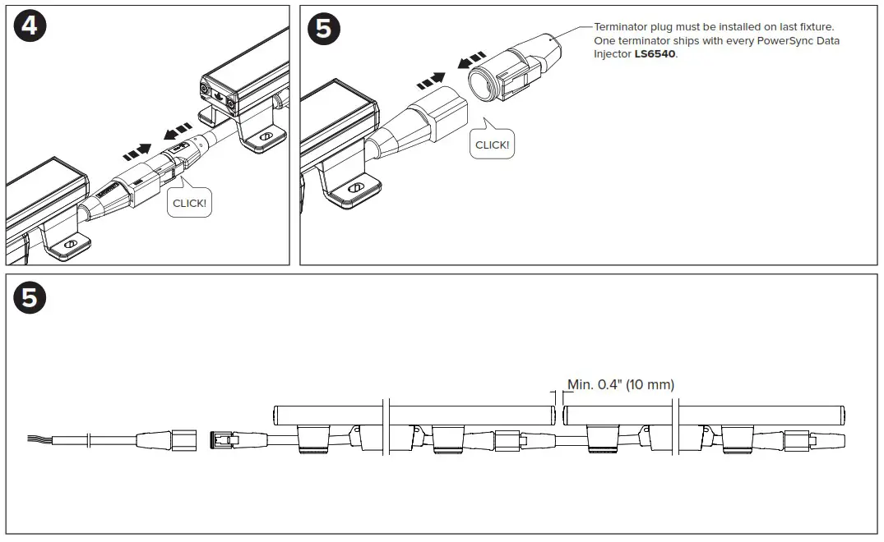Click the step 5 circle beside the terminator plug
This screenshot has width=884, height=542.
pyautogui.click(x=323, y=28)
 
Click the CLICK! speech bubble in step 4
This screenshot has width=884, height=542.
pyautogui.click(x=189, y=201)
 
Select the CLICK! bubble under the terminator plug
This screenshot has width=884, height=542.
pyautogui.click(x=493, y=144)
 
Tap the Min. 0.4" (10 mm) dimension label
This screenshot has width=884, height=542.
pyautogui.click(x=621, y=384)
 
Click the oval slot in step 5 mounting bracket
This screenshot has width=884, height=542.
pyautogui.click(x=355, y=188)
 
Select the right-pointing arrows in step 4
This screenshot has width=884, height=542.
pyautogui.click(x=137, y=150)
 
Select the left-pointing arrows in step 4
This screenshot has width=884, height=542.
pyautogui.click(x=178, y=131)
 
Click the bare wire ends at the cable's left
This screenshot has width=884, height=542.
pyautogui.click(x=39, y=440)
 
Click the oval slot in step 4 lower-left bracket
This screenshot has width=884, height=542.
pyautogui.click(x=71, y=245)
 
